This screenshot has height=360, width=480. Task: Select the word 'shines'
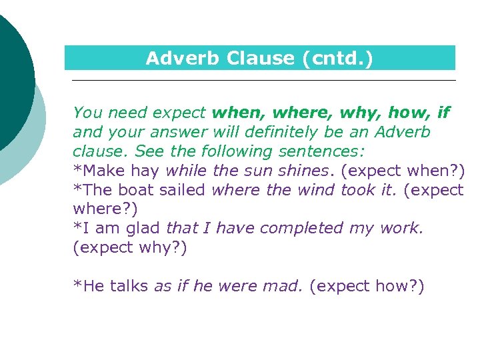click(307, 171)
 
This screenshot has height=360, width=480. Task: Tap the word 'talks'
click(129, 287)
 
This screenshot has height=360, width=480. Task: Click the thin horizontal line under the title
click(263, 81)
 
